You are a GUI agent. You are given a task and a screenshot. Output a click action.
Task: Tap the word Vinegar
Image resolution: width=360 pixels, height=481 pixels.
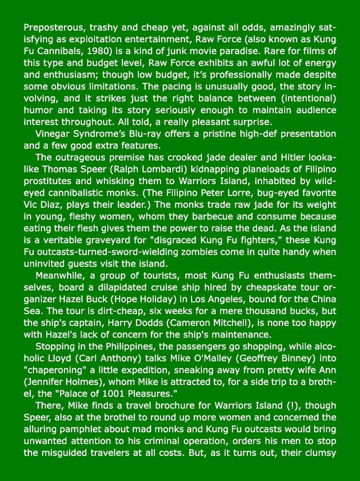[x=53, y=134]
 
